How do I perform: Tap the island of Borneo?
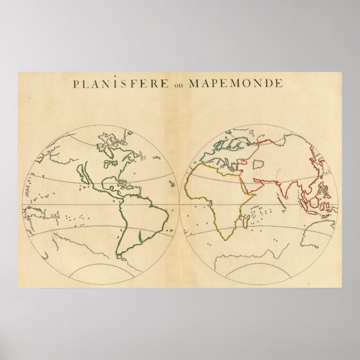[314, 202]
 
